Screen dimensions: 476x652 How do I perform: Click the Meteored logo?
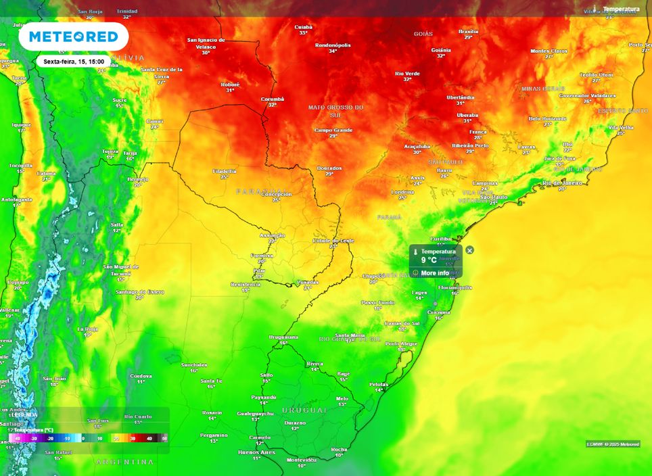click(73, 37)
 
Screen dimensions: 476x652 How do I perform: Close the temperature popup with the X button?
click(470, 250)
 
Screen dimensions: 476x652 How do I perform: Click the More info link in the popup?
click(435, 273)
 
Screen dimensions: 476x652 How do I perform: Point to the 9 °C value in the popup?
click(429, 260)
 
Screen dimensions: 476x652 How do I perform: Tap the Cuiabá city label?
click(303, 27)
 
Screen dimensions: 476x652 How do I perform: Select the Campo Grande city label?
click(333, 130)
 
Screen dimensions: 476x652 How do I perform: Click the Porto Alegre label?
click(400, 343)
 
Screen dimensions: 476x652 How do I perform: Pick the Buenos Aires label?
click(256, 452)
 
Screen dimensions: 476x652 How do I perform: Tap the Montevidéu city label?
click(302, 460)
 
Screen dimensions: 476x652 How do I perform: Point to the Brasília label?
click(468, 31)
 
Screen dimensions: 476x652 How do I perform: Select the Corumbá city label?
click(273, 99)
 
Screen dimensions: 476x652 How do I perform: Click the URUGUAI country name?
click(300, 410)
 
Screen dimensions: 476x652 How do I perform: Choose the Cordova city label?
click(141, 376)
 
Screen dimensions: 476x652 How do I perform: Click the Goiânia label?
click(441, 49)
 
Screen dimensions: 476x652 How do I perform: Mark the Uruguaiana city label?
click(283, 337)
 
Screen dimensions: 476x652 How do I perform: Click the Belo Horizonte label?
click(548, 118)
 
